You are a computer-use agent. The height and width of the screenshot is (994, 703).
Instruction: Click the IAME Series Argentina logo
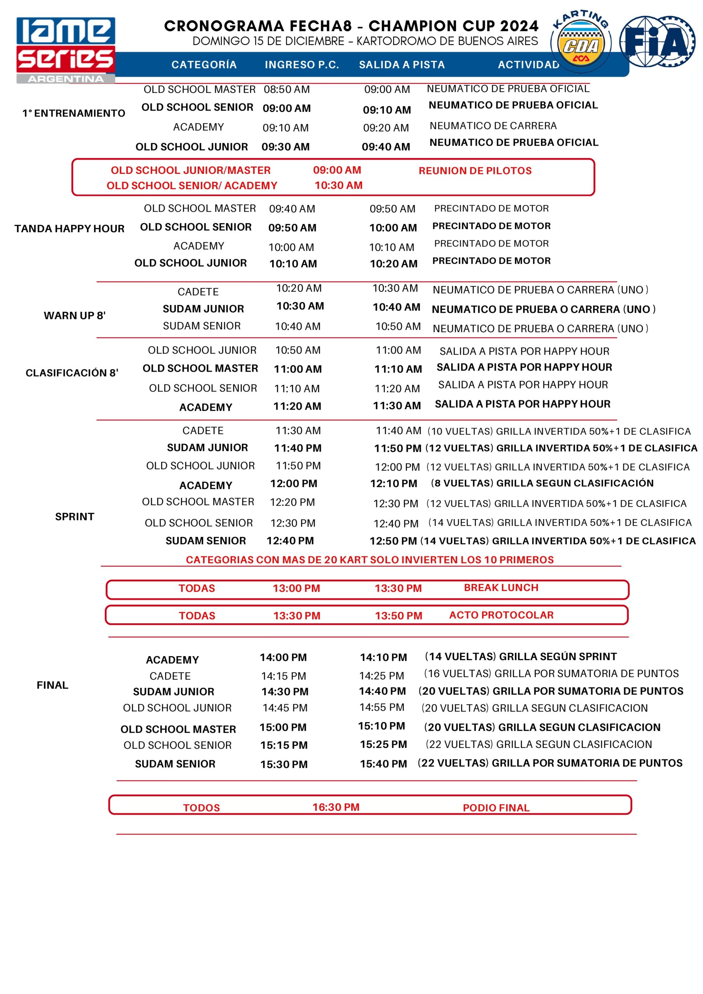point(66,50)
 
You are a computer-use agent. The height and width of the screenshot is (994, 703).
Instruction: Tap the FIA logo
point(658,42)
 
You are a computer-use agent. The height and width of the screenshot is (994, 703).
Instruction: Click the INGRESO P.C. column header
point(302,65)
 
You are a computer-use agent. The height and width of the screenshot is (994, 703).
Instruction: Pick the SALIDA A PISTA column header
point(402,65)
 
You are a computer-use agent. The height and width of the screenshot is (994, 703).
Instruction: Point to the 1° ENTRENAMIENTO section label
point(74,113)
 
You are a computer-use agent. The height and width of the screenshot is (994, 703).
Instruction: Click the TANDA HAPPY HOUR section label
point(69,229)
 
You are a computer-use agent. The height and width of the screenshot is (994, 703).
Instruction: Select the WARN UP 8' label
point(75,316)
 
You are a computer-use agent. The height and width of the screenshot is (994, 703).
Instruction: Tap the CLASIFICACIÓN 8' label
point(72,373)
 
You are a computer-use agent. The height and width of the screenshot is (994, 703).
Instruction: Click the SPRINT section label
point(75,516)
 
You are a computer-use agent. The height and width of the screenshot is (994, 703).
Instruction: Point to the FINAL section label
point(52,685)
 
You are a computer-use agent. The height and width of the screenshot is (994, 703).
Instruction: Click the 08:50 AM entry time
point(287,90)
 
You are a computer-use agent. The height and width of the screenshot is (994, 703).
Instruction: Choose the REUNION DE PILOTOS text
point(475,170)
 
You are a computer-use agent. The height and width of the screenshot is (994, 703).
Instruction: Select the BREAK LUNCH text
point(501,587)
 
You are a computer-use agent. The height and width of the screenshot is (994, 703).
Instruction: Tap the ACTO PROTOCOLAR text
point(501,615)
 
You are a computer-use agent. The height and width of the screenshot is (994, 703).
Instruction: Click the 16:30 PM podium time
point(336,807)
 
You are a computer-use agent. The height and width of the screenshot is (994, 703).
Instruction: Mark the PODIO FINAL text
point(496,808)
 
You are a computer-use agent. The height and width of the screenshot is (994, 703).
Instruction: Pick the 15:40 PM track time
point(383,764)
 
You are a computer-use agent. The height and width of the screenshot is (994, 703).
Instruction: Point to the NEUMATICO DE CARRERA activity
point(493,126)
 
